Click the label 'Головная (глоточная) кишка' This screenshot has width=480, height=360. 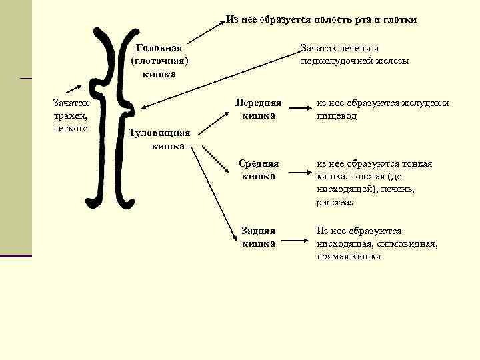pyautogui.click(x=159, y=61)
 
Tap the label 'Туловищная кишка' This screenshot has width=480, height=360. pyautogui.click(x=159, y=139)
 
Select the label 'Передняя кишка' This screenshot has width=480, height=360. pyautogui.click(x=259, y=109)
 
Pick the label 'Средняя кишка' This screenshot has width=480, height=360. pyautogui.click(x=259, y=170)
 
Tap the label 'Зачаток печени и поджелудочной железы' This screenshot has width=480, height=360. pyautogui.click(x=354, y=55)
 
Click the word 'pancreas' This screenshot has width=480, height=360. pyautogui.click(x=335, y=202)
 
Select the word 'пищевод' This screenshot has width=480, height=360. pyautogui.click(x=337, y=116)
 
